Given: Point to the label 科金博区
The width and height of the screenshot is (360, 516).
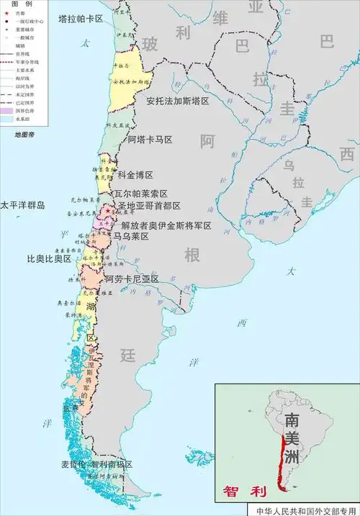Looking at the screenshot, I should (x=136, y=175).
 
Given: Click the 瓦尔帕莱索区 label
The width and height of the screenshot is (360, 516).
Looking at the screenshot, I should (x=141, y=194).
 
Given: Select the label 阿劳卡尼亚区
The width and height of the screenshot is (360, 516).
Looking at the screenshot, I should (x=132, y=279).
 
